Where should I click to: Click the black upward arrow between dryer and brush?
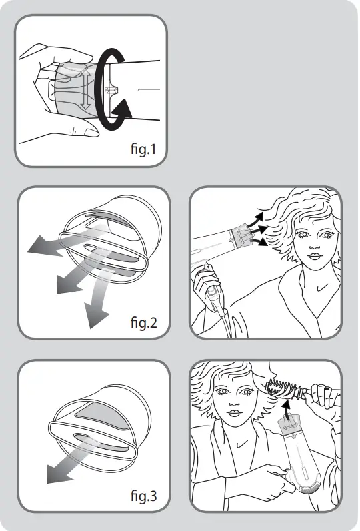pos(287,417)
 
